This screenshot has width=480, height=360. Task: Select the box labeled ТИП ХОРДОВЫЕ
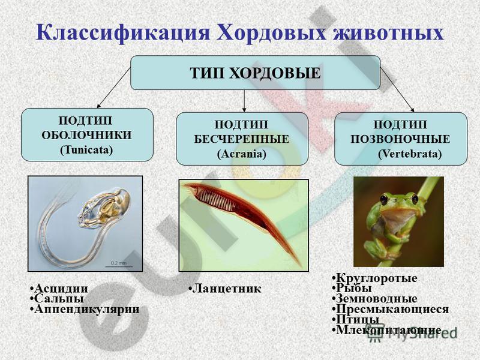pyautogui.click(x=256, y=73)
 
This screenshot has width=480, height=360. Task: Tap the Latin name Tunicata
pyautogui.click(x=86, y=150)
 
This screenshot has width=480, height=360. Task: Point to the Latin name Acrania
pyautogui.click(x=242, y=154)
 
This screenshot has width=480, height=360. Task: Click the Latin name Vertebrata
pyautogui.click(x=410, y=154)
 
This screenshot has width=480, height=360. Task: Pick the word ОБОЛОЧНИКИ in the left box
pyautogui.click(x=86, y=135)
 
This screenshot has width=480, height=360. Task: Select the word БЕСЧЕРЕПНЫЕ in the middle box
pyautogui.click(x=242, y=139)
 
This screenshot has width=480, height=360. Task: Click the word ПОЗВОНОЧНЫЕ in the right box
pyautogui.click(x=400, y=139)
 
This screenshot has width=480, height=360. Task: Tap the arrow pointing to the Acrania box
pyautogui.click(x=244, y=101)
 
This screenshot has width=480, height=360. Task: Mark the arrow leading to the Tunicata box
pyautogui.click(x=113, y=88)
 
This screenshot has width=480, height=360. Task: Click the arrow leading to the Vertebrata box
pyautogui.click(x=397, y=89)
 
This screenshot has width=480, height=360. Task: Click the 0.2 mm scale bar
pyautogui.click(x=119, y=266)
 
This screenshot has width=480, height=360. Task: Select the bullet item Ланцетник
pyautogui.click(x=225, y=289)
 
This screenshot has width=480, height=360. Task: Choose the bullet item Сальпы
pyautogui.click(x=57, y=298)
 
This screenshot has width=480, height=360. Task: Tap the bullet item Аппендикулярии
pyautogui.click(x=85, y=309)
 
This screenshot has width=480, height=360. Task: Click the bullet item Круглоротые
pyautogui.click(x=374, y=278)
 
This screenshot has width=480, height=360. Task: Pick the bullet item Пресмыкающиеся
pyautogui.click(x=391, y=309)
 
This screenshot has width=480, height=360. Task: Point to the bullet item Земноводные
pyautogui.click(x=374, y=298)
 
